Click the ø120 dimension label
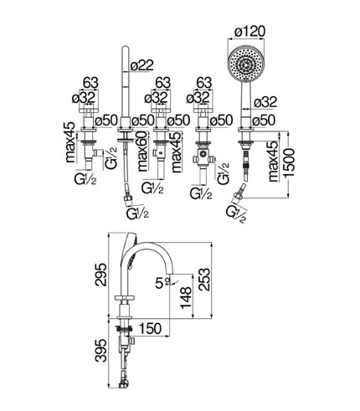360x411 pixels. coord(249,32)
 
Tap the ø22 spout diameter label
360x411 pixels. coord(141,65)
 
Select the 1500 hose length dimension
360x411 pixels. coord(289,162)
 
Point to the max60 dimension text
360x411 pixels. coord(142,152)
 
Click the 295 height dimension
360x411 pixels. coord(100,275)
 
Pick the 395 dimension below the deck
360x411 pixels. coord(100,351)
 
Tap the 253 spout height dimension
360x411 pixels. coord(204,280)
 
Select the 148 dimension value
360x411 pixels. coord(186,297)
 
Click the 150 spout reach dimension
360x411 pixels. coord(150,328)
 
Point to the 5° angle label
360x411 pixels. coord(162,284)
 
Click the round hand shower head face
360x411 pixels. coord(245,62)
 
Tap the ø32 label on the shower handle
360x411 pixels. coord(265,102)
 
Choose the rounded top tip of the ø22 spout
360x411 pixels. coord(125,48)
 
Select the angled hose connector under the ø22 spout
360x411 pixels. coord(128,198)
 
